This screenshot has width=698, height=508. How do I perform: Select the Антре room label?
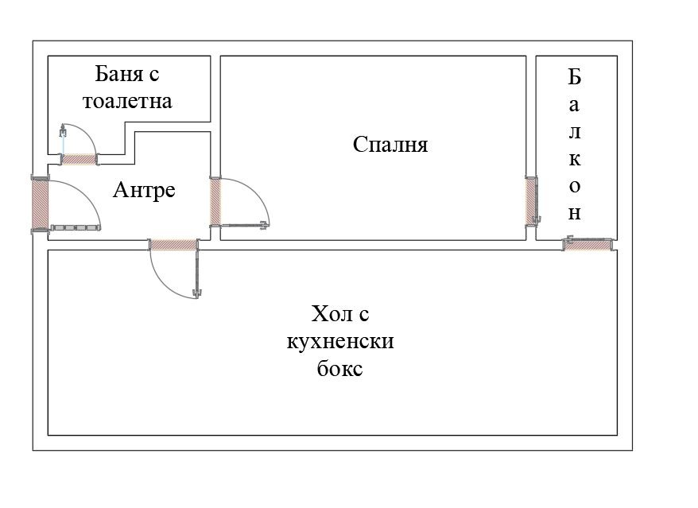pyautogui.click(x=144, y=191)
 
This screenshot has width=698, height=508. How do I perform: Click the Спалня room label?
pyautogui.click(x=390, y=145)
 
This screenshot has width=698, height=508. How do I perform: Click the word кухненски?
pyautogui.click(x=339, y=343)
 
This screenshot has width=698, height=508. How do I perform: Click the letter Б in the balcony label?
pyautogui.click(x=575, y=77)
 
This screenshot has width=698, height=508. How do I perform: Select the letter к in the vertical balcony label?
pyautogui.click(x=575, y=158)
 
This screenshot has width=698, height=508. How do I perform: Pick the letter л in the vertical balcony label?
pyautogui.click(x=575, y=131)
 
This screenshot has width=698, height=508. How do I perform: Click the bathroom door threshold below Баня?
pyautogui.click(x=79, y=159)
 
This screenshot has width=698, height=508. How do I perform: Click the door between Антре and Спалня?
pyautogui.click(x=215, y=201)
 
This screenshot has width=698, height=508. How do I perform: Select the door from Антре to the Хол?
pyautogui.click(x=173, y=245)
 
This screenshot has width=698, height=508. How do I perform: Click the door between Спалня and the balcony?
pyautogui.click(x=531, y=200)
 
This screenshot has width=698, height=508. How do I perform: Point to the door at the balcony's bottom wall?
pyautogui.click(x=588, y=244)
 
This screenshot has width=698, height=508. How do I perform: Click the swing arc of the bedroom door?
pyautogui.click(x=259, y=195)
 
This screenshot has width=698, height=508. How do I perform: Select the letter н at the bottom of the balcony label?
pyautogui.click(x=575, y=213)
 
